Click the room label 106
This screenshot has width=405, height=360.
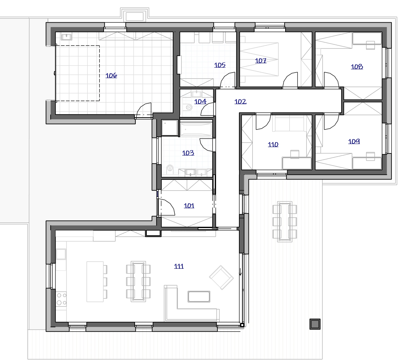(111, 75)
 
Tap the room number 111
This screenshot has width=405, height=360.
(179, 266)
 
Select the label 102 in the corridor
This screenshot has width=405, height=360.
(240, 101)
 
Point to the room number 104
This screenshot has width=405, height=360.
(200, 101)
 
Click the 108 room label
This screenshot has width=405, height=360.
(357, 67)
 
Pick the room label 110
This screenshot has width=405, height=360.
(273, 144)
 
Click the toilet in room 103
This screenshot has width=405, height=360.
(170, 169)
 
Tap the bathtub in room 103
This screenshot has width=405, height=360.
(196, 129)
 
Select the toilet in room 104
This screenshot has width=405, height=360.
(188, 107)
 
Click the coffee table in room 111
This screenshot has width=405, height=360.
(199, 296)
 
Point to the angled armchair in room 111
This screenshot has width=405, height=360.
(221, 278)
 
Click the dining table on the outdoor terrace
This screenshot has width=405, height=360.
(285, 222)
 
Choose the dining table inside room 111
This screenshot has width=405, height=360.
(138, 281)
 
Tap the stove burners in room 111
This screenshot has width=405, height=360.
(61, 299)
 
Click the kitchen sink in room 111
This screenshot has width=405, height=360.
(61, 254)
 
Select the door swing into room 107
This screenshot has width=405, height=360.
(290, 80)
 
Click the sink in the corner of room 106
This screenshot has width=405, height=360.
(66, 37)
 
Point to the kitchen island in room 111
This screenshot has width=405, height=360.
(95, 282)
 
